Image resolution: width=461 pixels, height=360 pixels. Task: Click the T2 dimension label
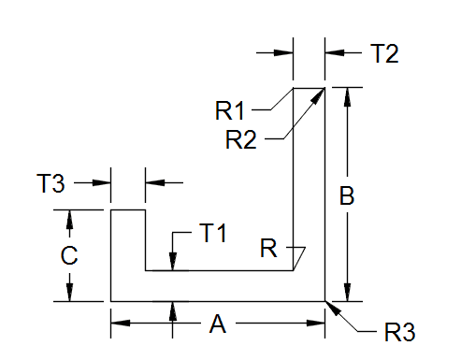pos(384,53)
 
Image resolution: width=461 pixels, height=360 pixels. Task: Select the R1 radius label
pos(230,110)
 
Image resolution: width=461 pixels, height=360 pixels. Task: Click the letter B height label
pos(346,196)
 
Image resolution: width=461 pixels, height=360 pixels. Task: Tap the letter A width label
pos(218,324)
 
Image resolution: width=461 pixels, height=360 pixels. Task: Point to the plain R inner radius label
pos(268,249)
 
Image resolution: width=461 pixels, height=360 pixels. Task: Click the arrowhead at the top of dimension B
pos(348,94)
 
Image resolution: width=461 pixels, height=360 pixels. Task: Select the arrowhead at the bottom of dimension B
pos(348,294)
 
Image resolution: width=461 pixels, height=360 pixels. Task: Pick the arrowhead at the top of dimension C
pos(70,217)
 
